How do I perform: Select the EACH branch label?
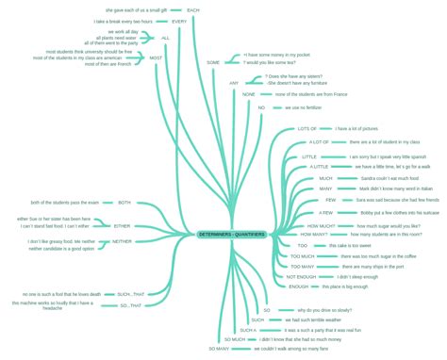coord(192,9)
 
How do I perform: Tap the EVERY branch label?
coord(178,21)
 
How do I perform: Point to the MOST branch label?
coord(157,58)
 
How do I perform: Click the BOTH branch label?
coord(124,203)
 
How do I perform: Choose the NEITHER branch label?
coord(123,241)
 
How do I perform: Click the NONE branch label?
coord(249,95)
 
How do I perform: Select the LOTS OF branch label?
coord(307,128)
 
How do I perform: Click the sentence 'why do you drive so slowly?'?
coord(324,309)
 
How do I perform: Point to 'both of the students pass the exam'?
coord(65,203)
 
